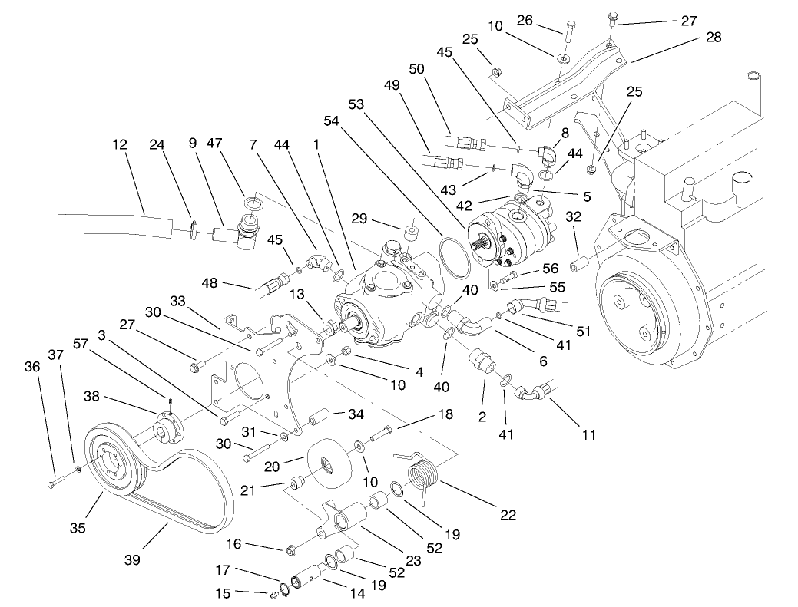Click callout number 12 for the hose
(x=119, y=144)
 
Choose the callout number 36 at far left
(x=31, y=368)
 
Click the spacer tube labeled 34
(x=320, y=419)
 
